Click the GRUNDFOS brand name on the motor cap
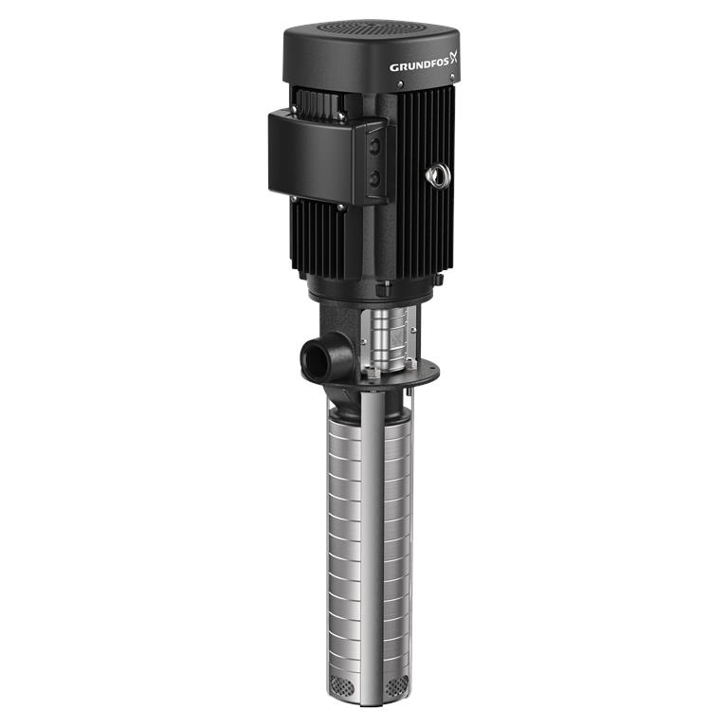click(419, 66)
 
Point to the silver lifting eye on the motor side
click(435, 175)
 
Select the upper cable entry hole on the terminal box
click(374, 147)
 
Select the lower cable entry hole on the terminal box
click(374, 178)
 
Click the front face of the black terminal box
click(315, 156)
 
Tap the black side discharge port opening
click(315, 355)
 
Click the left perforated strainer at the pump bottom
click(340, 683)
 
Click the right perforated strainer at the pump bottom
click(397, 682)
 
